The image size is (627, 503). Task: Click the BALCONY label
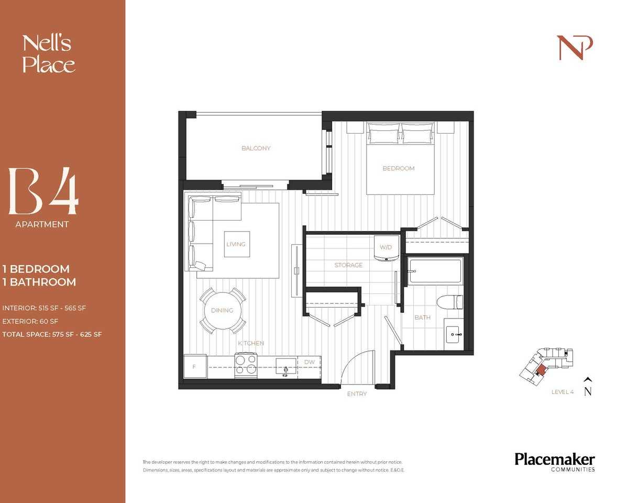(256, 148)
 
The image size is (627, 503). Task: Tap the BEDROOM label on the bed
(398, 168)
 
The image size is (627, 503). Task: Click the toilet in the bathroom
(450, 302)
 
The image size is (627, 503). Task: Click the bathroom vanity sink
(453, 333)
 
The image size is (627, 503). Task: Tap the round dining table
(222, 310)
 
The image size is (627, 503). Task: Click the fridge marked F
(194, 367)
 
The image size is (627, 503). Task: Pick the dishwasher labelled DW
(309, 362)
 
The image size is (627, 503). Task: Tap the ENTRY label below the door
(357, 393)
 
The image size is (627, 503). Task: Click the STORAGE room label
(348, 265)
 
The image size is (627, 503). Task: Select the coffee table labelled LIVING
(236, 244)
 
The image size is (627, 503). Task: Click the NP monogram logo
(574, 48)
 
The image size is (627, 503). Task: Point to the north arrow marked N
(588, 388)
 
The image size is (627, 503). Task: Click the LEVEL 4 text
(562, 392)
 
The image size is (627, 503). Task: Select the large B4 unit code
(43, 192)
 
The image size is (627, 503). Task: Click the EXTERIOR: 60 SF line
(30, 321)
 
